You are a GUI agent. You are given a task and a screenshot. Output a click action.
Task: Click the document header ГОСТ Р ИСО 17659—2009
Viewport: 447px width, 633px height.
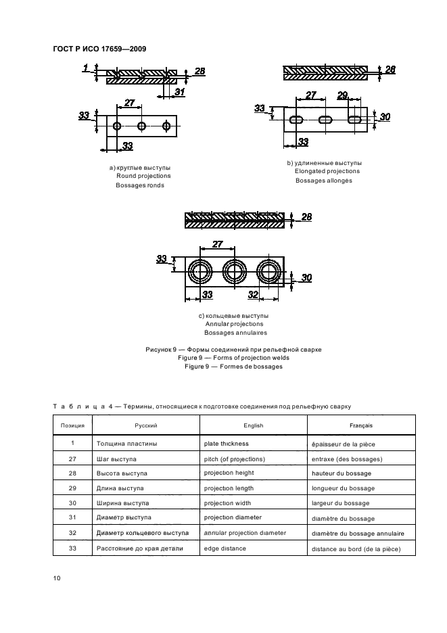[100, 48]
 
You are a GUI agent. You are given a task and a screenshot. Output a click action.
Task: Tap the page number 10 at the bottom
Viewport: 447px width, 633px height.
[57, 576]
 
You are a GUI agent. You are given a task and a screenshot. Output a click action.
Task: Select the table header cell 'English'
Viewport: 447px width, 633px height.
[253, 426]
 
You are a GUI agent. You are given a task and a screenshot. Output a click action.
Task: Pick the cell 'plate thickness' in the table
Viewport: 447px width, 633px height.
[226, 444]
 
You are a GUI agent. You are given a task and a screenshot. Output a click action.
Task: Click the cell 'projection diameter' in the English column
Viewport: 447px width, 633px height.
[233, 518]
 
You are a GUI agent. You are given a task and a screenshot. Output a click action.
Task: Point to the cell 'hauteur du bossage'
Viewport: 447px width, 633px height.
[342, 473]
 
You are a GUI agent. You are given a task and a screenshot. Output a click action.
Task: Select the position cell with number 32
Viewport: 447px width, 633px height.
[72, 534]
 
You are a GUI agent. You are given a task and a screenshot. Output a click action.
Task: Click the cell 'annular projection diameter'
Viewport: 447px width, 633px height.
[245, 533]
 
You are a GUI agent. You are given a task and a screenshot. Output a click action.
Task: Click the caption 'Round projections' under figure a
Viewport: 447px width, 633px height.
[143, 176]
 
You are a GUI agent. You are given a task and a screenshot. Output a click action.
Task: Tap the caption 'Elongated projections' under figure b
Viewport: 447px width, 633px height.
[327, 171]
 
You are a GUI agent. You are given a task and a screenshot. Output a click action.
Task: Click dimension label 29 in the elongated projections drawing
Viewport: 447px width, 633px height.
[342, 95]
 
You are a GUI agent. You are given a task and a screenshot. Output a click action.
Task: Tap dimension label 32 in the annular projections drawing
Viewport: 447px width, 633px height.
[253, 294]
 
